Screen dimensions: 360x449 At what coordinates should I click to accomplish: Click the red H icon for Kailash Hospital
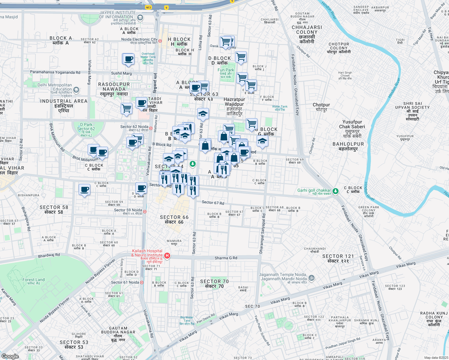167,256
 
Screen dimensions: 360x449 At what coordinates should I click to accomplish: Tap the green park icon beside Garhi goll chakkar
336,191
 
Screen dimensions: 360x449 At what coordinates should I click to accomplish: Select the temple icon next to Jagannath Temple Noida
312,277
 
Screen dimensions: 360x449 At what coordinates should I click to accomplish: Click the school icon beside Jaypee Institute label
140,18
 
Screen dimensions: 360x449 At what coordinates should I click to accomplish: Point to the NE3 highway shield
148,7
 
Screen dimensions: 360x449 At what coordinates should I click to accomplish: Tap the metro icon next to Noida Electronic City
160,41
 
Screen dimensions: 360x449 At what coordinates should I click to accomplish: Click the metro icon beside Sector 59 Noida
145,211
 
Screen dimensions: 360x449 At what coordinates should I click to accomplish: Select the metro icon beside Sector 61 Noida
142,282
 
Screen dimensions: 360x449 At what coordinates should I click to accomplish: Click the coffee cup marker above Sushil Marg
128,59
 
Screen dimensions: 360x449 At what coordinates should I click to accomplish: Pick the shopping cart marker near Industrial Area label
126,108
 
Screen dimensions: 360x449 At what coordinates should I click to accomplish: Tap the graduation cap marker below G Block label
262,141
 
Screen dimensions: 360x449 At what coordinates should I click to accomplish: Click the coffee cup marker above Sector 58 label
84,190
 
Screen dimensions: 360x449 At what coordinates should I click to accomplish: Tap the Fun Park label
226,70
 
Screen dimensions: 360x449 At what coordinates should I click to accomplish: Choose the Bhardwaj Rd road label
49,255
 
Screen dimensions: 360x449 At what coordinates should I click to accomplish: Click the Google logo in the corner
10,356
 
